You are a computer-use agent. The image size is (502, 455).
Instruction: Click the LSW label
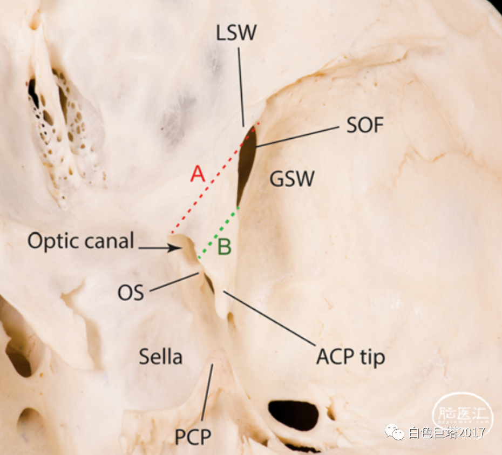[236, 33]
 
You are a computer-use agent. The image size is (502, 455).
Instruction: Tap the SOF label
[365, 125]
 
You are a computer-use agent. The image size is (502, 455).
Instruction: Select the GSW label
[292, 179]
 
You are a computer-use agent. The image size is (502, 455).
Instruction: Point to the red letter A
[198, 174]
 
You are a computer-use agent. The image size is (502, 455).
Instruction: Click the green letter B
[224, 247]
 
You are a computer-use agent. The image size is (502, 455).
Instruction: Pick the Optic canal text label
[80, 241]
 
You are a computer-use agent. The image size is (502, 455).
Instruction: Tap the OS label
[131, 293]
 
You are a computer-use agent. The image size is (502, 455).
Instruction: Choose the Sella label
[161, 356]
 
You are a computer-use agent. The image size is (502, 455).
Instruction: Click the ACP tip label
[350, 357]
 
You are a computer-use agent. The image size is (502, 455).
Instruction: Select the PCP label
[193, 437]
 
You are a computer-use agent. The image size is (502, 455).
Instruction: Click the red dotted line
[215, 178]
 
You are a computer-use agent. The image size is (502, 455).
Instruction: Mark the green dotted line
[219, 233]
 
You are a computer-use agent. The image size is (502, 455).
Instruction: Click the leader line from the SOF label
[297, 137]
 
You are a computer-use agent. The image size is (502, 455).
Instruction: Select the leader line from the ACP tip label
[269, 318]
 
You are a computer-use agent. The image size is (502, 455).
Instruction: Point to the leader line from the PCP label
[207, 392]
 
